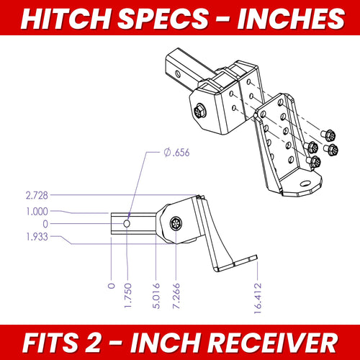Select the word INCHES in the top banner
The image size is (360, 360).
[291, 19]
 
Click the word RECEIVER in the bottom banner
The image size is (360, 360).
[272, 343]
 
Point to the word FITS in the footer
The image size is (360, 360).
[50, 343]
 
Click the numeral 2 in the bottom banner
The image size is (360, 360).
[92, 343]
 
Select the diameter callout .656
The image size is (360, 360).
[177, 153]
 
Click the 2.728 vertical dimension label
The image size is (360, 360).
[37, 195]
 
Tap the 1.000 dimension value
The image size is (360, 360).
[37, 212]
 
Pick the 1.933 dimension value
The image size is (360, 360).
[37, 237]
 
